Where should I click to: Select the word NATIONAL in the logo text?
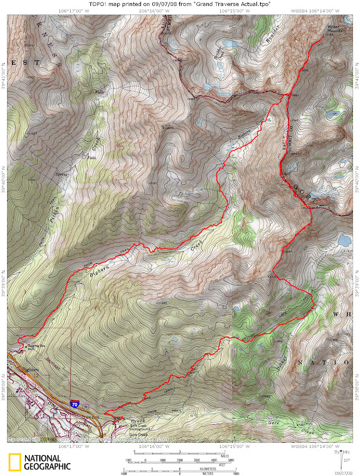click(43, 458)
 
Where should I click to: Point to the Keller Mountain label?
click(335, 29)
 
